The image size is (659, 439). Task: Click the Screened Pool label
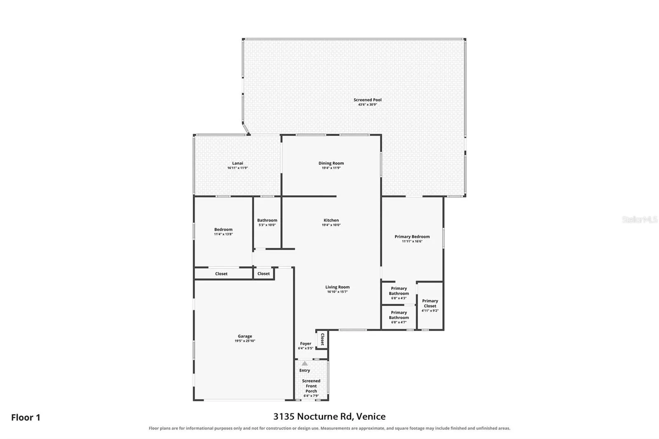[x=367, y=100]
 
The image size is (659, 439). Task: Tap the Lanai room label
[x=237, y=163]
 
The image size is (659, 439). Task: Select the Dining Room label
[x=331, y=163]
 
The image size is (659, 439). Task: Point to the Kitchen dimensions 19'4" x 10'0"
[x=331, y=225]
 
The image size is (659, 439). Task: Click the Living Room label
[x=337, y=287]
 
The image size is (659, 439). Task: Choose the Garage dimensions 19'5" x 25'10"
[x=245, y=341]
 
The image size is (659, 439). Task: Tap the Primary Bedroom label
[x=412, y=236]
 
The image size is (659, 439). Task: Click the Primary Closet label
[x=430, y=304]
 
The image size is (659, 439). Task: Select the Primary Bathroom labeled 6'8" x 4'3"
[x=399, y=293]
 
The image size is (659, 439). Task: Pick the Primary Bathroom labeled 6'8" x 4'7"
[x=399, y=317]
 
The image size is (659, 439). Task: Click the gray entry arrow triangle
[x=304, y=363]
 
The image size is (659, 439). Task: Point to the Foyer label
[x=305, y=343]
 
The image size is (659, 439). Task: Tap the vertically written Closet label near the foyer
[x=322, y=339]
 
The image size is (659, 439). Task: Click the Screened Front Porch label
[x=311, y=386]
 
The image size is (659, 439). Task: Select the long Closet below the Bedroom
[x=221, y=273]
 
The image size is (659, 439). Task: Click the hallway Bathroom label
[x=267, y=220]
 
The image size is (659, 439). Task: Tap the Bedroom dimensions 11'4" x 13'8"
[x=223, y=234]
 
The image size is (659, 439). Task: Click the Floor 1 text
[x=26, y=418]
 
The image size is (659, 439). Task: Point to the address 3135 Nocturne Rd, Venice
[x=329, y=416]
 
